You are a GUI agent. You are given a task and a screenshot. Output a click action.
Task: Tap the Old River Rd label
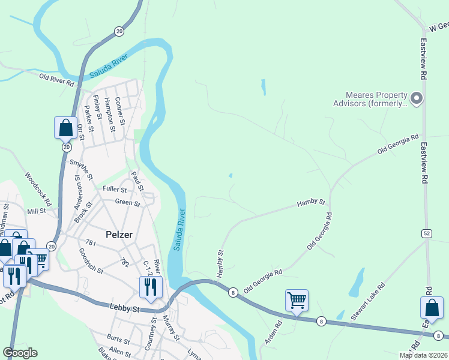56,78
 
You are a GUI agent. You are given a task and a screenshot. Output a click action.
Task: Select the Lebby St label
125,308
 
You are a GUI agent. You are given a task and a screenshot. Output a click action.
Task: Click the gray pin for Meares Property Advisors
418,98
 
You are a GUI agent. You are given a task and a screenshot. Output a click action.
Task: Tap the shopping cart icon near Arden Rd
297,299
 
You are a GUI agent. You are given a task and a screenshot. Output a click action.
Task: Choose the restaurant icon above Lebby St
150,286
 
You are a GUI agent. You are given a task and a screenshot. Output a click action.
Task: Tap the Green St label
127,203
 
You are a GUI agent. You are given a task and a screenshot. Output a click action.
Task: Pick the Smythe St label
82,170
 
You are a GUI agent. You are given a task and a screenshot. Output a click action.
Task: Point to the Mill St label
36,211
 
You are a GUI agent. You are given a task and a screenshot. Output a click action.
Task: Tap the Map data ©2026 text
423,355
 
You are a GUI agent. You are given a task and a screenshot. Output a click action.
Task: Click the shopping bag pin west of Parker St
65,127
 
